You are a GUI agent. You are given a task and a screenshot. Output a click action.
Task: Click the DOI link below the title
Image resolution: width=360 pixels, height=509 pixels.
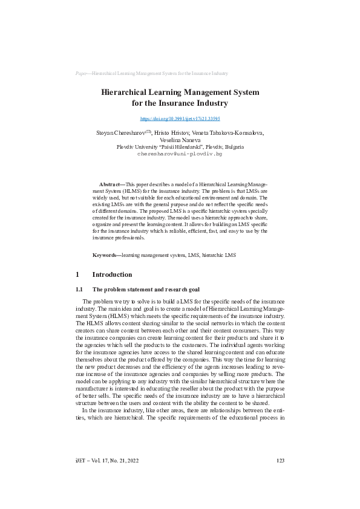click(180, 119)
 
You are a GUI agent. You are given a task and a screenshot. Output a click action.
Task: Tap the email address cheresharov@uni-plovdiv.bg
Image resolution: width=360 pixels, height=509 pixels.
click(180, 154)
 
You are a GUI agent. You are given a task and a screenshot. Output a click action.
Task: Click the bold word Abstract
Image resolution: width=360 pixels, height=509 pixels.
click(111, 183)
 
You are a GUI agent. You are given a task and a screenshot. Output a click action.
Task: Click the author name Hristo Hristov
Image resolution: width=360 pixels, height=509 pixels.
click(171, 132)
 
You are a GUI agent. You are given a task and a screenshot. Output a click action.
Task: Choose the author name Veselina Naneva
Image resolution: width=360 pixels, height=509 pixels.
click(180, 140)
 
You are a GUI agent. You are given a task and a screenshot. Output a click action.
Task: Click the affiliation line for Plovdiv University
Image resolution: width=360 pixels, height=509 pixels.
click(180, 147)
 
